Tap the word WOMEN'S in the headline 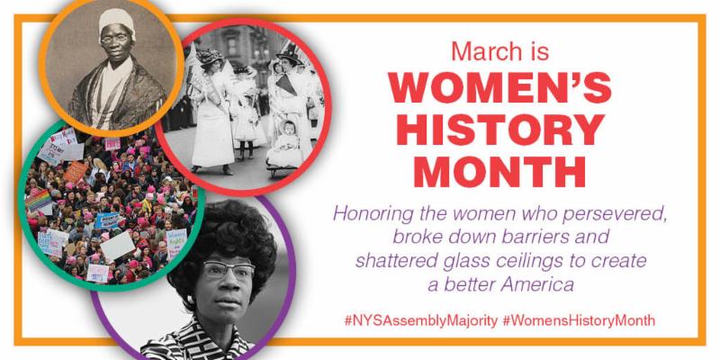pyautogui.click(x=500, y=86)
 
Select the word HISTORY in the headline pyautogui.click(x=500, y=130)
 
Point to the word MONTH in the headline pyautogui.click(x=500, y=172)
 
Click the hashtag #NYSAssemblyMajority pyautogui.click(x=420, y=320)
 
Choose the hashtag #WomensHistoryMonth pyautogui.click(x=579, y=320)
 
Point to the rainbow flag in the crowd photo pyautogui.click(x=39, y=200)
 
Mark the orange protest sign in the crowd pyautogui.click(x=76, y=172)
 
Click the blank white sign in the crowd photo pyautogui.click(x=118, y=246)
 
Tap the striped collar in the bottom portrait pyautogui.click(x=197, y=340)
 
